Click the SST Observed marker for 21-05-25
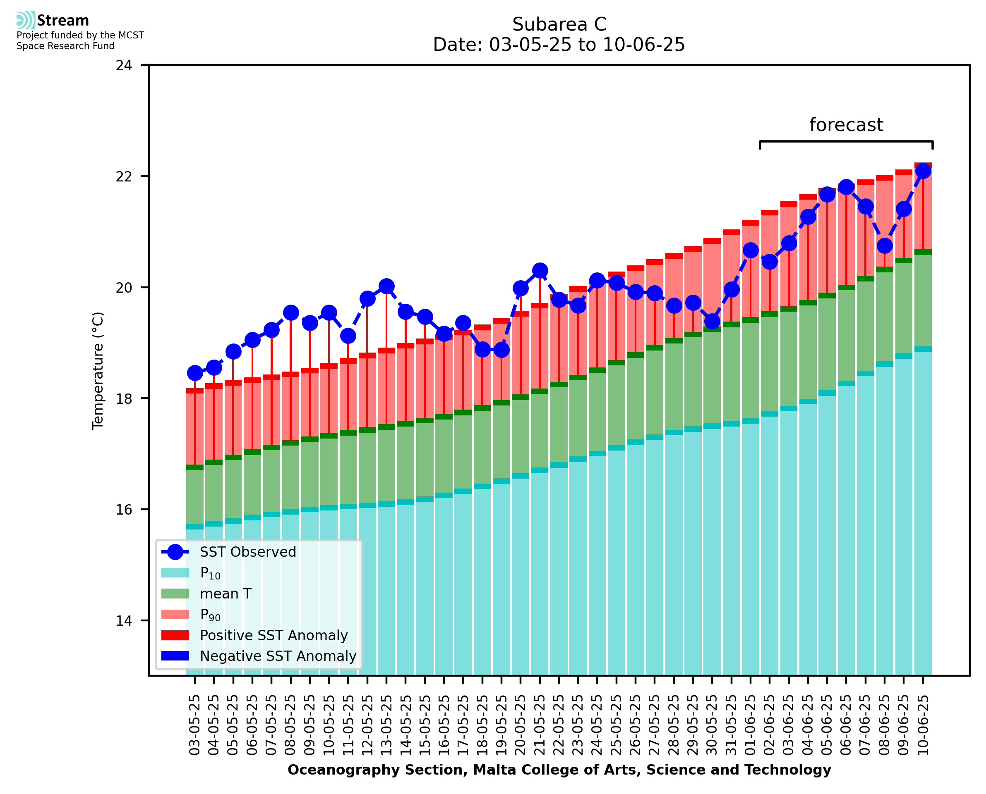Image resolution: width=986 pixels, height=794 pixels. (x=540, y=271)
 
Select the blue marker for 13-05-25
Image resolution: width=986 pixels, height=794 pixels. (x=386, y=286)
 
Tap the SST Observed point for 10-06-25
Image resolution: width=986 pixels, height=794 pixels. (x=922, y=171)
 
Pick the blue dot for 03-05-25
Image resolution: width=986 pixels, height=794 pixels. (x=195, y=373)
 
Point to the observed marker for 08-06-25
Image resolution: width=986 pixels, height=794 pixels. (x=884, y=246)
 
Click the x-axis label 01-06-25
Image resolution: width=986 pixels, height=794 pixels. (x=751, y=725)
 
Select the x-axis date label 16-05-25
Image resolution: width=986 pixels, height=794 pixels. (x=444, y=725)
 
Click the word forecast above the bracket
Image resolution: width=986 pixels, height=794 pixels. (x=846, y=125)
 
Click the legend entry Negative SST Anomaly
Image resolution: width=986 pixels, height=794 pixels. (x=278, y=656)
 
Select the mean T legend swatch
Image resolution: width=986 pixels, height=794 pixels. (x=175, y=594)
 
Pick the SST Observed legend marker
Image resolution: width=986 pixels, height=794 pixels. (x=175, y=552)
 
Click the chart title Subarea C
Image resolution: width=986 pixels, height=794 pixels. (x=559, y=24)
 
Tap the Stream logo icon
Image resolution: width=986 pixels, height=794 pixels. (x=26, y=20)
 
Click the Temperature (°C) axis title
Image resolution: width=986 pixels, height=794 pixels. (x=98, y=370)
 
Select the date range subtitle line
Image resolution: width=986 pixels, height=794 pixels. (x=559, y=45)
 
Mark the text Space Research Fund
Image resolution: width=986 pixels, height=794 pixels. (x=65, y=46)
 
